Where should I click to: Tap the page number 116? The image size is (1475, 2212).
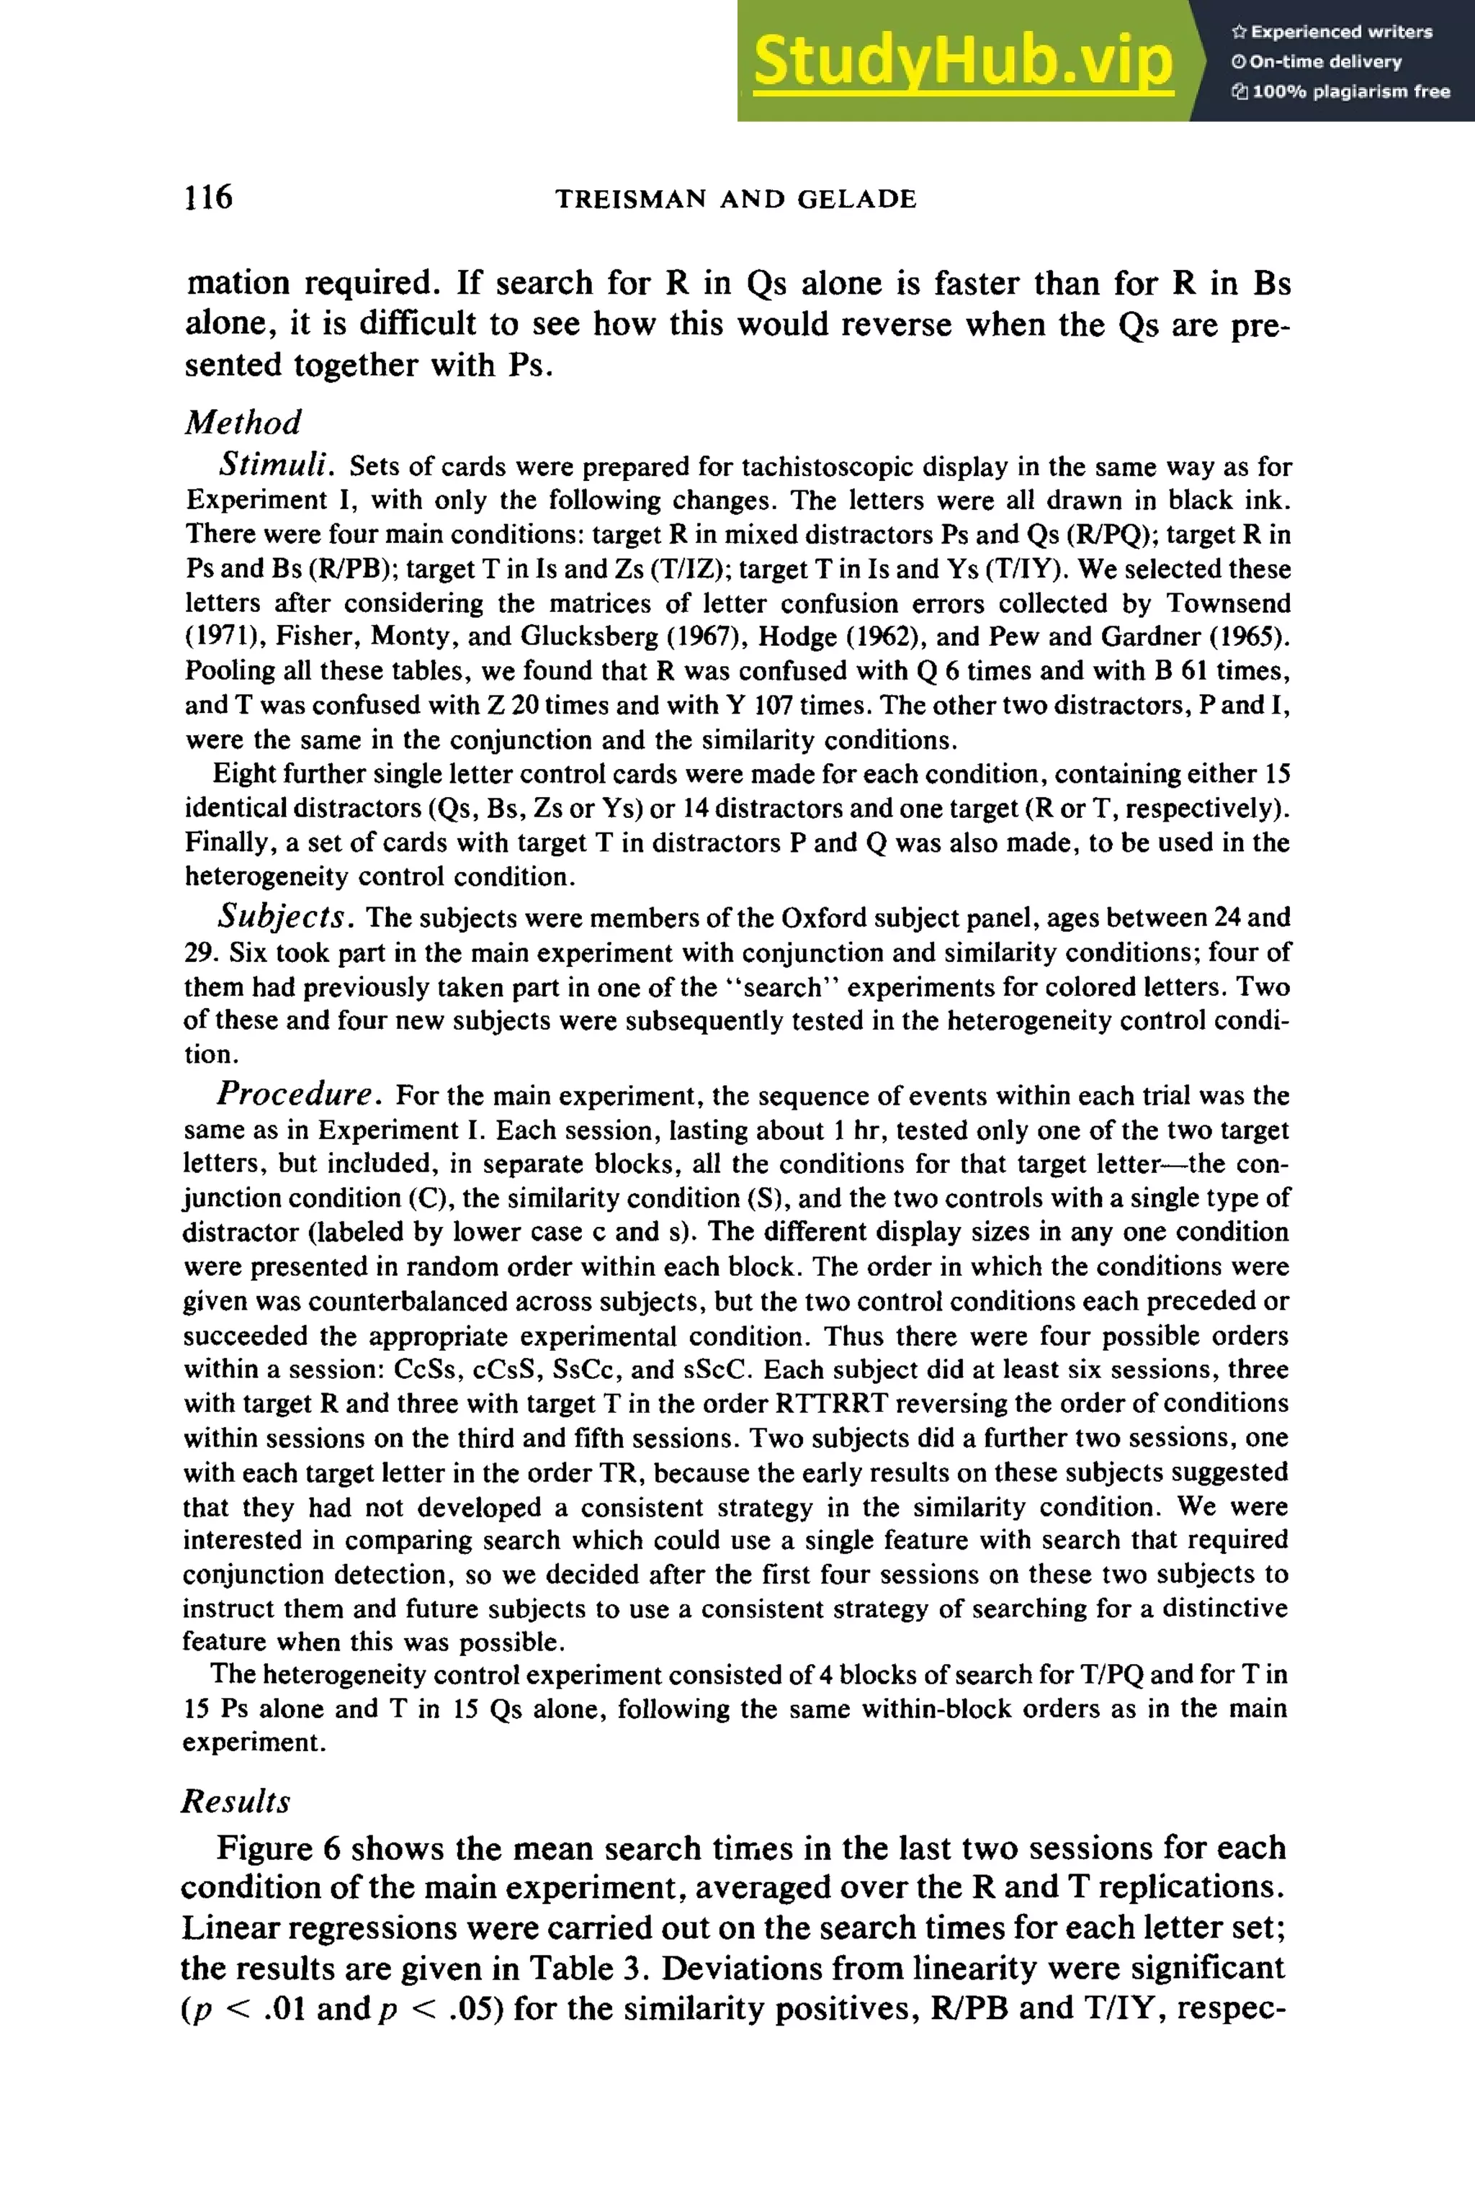click(209, 197)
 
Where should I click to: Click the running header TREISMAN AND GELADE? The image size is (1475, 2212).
click(735, 199)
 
